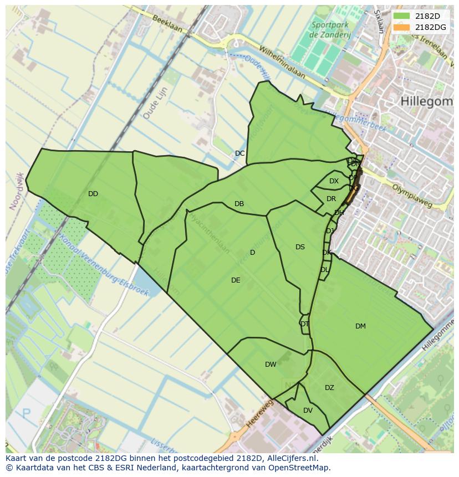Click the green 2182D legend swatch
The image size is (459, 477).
[x=402, y=16]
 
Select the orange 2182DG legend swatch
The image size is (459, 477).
[x=402, y=27]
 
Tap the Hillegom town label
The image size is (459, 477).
[x=425, y=101]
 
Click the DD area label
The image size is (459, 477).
[x=93, y=194]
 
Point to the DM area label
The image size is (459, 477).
[x=360, y=326]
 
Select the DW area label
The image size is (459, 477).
[x=271, y=365]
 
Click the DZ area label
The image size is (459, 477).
[x=329, y=388]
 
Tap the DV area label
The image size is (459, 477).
[x=308, y=411]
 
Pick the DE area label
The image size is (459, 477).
[x=236, y=280]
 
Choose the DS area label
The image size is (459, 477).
[x=300, y=247]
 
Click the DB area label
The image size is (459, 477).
[x=239, y=204]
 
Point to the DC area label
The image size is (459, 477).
[x=239, y=153]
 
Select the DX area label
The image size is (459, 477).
[x=334, y=181]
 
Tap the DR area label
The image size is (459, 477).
[x=331, y=199]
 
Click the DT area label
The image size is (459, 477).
[x=304, y=324]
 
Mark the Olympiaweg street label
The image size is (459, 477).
[x=411, y=195]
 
